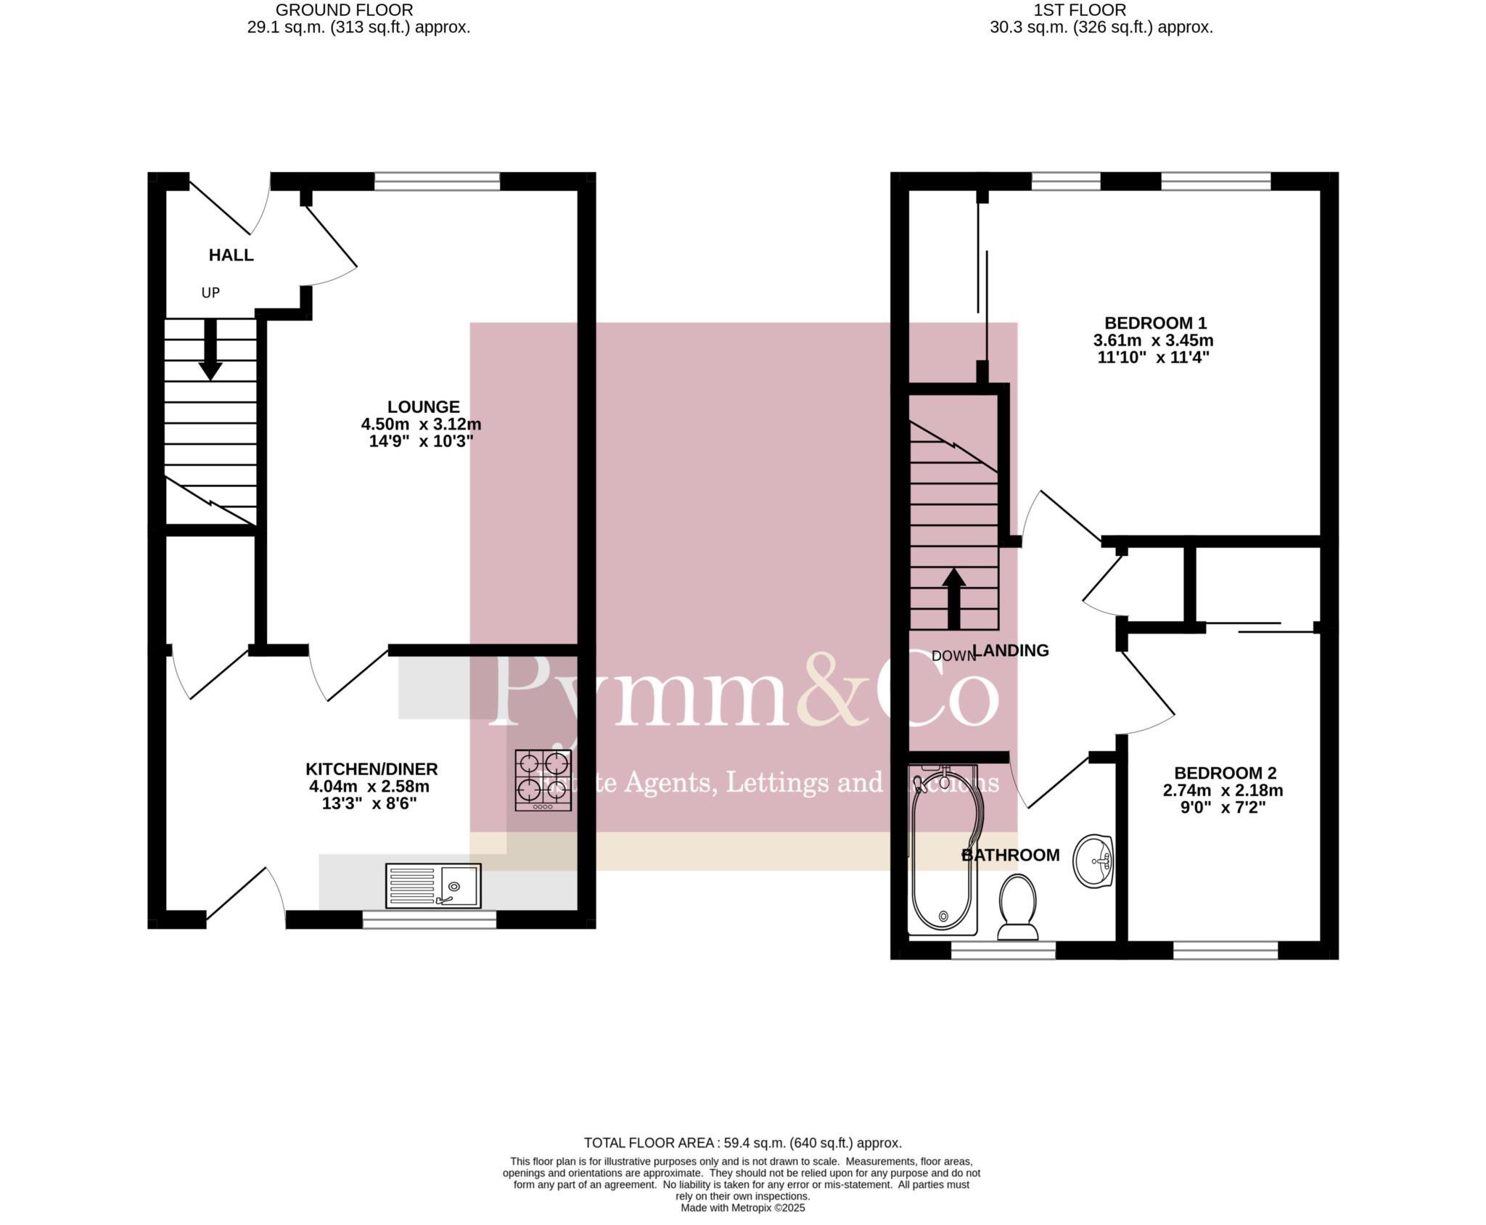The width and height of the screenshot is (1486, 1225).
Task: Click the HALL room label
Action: point(231,255)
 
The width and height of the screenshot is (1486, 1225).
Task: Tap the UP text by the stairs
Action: point(210,293)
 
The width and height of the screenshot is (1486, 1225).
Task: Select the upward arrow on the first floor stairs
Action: point(953,598)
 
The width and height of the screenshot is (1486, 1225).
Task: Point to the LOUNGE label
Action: point(423,407)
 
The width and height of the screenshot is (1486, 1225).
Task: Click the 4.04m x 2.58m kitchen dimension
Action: point(369,787)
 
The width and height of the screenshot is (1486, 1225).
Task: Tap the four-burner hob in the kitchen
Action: point(543,780)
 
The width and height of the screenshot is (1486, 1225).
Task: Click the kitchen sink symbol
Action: point(433,885)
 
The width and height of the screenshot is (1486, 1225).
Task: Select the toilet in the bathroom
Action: point(1017,907)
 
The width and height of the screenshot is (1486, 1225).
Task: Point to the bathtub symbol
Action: point(942,849)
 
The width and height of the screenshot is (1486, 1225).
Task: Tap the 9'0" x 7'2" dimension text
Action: point(1223,808)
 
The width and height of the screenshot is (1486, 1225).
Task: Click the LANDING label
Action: point(1010,651)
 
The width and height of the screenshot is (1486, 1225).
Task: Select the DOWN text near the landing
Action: point(953,656)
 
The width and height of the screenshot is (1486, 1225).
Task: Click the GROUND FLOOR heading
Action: point(345,10)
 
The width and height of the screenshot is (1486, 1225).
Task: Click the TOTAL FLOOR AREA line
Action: point(742,1143)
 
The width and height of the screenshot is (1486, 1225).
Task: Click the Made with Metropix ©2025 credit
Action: point(742,1208)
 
